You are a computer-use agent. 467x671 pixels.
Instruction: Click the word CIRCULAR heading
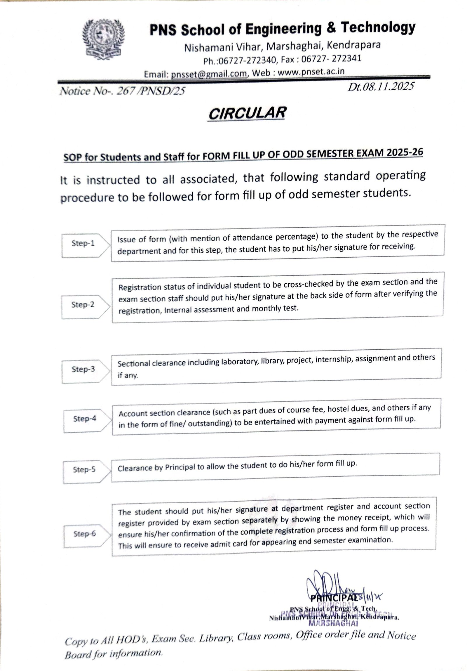coord(247,113)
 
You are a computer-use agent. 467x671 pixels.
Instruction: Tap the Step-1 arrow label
coord(83,243)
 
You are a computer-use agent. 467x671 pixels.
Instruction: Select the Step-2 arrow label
coord(83,304)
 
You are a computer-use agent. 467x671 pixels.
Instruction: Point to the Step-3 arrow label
coord(83,369)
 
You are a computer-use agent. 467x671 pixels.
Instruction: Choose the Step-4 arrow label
coord(85,419)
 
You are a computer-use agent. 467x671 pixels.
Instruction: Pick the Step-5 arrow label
coord(84,469)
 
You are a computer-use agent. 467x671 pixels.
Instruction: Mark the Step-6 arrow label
coord(85,534)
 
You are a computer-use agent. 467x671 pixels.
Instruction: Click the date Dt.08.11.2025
coord(380,86)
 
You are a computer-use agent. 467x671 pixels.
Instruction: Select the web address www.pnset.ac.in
coord(311,72)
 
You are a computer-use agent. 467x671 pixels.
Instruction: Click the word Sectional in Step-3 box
coord(133,364)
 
